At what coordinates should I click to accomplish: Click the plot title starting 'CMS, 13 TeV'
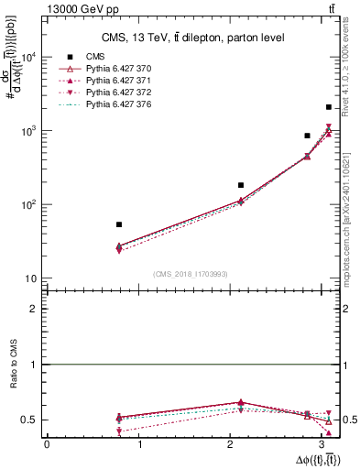point(192,38)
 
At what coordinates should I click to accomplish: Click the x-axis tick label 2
point(234,444)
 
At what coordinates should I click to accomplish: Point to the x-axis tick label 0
point(47,444)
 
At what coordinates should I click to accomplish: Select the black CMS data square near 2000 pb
point(328,107)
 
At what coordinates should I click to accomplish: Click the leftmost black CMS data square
point(119,224)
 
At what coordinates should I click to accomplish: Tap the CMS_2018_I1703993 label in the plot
point(191,274)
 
